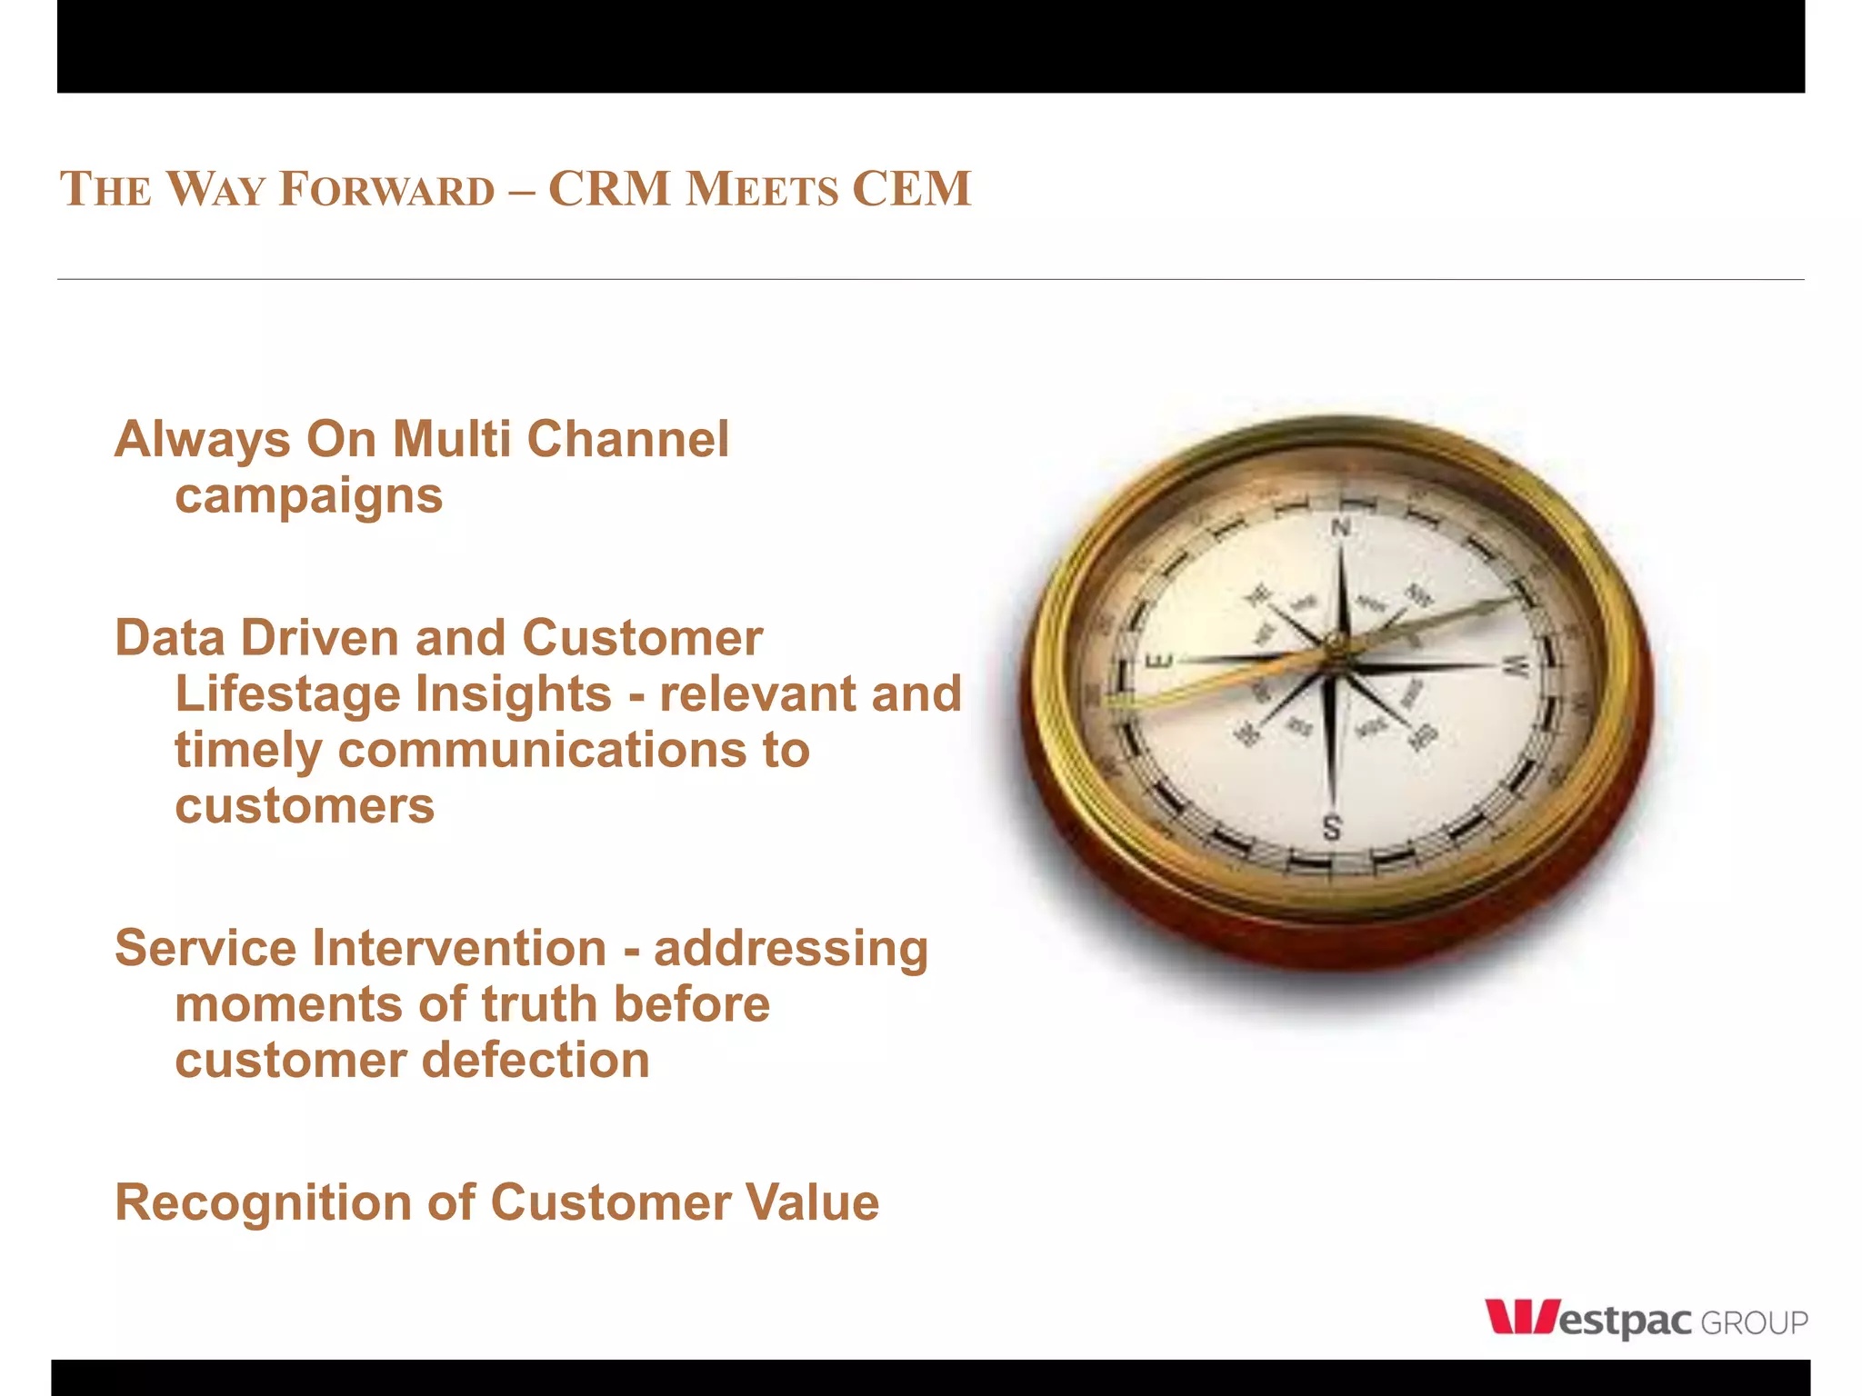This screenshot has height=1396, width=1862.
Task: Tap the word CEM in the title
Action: coord(911,189)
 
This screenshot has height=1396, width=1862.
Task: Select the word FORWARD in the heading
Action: coord(386,189)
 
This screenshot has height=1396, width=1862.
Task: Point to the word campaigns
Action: coord(308,496)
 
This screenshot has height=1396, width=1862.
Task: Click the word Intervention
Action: coord(459,948)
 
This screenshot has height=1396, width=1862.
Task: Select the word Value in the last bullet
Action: coord(812,1202)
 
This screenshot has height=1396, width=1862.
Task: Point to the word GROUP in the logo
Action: coord(1754,1323)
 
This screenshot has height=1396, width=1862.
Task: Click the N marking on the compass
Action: coord(1341,528)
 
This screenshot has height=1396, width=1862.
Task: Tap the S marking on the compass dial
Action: coord(1331,828)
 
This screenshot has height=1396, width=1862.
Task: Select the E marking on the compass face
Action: coord(1162,661)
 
